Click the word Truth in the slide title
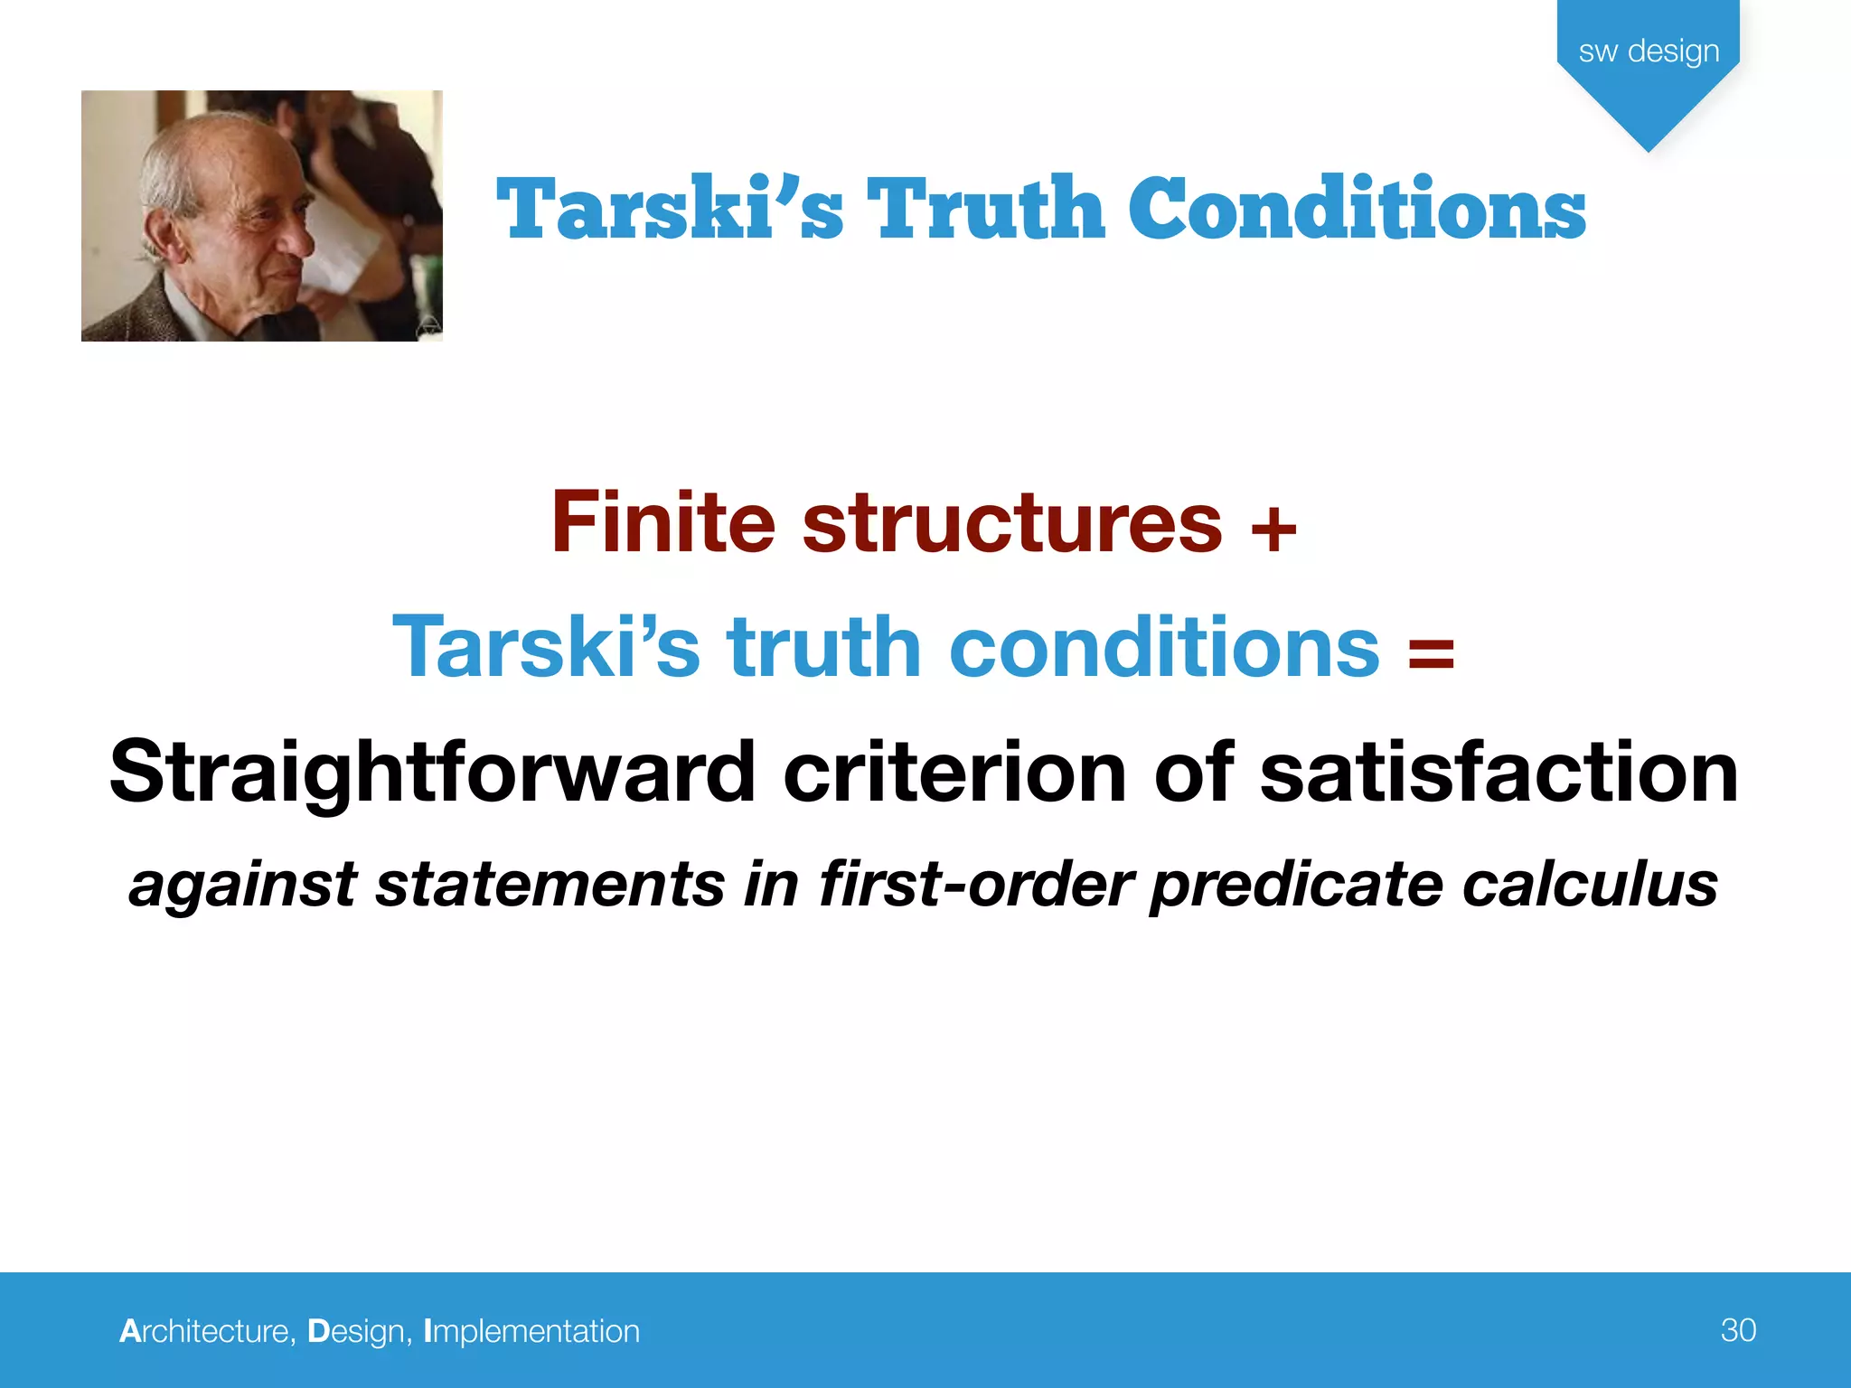tap(985, 210)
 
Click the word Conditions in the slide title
tap(1358, 210)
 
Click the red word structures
tap(1012, 524)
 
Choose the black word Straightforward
tap(432, 774)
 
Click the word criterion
tap(954, 772)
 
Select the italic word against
tap(242, 886)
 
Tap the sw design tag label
tap(1649, 52)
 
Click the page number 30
tap(1738, 1330)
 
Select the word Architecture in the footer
tap(204, 1331)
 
